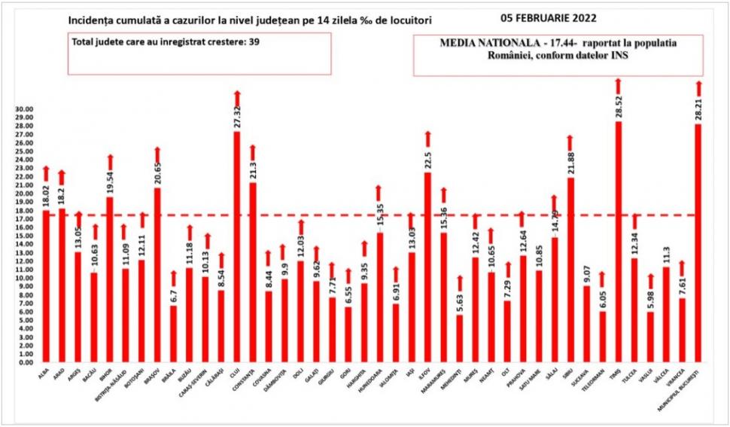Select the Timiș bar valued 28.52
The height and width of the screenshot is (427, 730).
[618, 242]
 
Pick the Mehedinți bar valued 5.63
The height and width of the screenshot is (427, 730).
[459, 338]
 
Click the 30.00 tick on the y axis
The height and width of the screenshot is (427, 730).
[25, 109]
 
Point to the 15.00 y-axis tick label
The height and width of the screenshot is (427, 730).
[25, 236]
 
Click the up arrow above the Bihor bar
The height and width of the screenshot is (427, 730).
[110, 162]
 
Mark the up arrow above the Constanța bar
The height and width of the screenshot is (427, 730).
[252, 152]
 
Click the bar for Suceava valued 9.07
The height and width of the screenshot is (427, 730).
[586, 324]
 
